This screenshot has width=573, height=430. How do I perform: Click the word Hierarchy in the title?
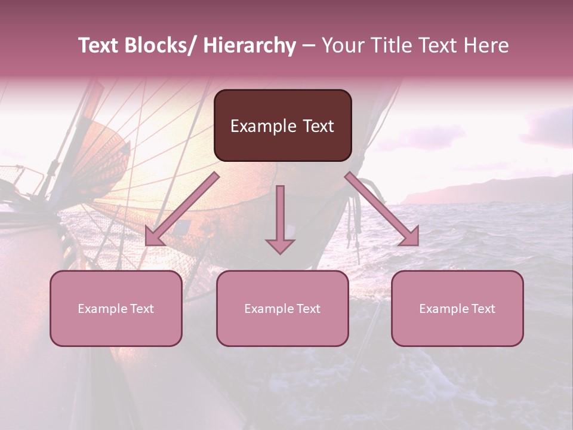click(249, 46)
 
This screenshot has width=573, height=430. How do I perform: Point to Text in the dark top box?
click(318, 126)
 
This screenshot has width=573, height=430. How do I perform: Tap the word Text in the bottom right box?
click(483, 309)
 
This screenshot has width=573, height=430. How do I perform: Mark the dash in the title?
click(309, 46)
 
